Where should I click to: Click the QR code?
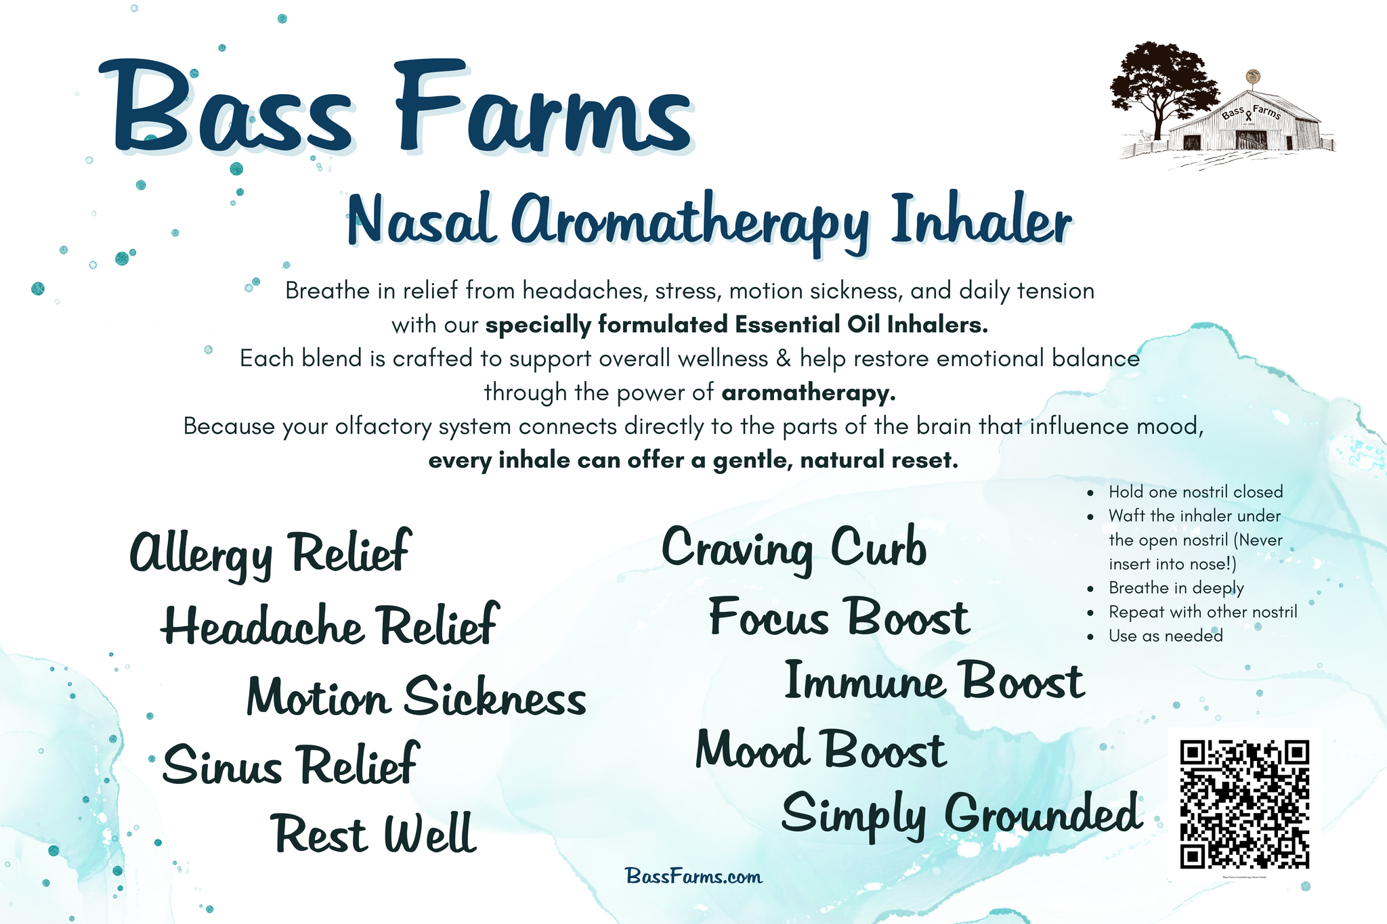pyautogui.click(x=1245, y=804)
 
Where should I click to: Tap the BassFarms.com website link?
pyautogui.click(x=694, y=877)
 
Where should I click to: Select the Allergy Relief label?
pyautogui.click(x=270, y=554)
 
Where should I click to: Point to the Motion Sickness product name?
pyautogui.click(x=417, y=696)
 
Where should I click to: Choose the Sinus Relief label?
pyautogui.click(x=291, y=764)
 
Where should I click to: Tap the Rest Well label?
pyautogui.click(x=375, y=833)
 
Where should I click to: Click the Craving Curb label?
pyautogui.click(x=794, y=549)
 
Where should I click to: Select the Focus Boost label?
pyautogui.click(x=839, y=617)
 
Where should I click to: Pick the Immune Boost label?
pyautogui.click(x=935, y=680)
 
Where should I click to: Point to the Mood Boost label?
pyautogui.click(x=821, y=749)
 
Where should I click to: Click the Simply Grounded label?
pyautogui.click(x=962, y=816)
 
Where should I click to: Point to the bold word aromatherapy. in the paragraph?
pyautogui.click(x=809, y=393)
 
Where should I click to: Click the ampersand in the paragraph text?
pyautogui.click(x=784, y=358)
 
